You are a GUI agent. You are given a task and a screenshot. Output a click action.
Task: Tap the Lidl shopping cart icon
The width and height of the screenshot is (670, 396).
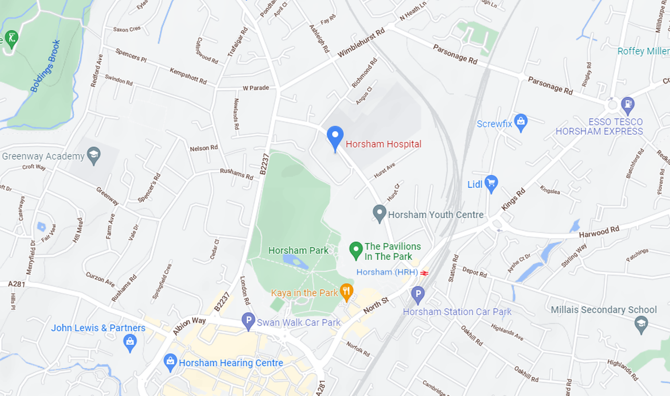[x=491, y=183]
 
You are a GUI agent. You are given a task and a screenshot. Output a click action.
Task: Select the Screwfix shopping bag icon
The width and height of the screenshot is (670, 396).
[x=520, y=122]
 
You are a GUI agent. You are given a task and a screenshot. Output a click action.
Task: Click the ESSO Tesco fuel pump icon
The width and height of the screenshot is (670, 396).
[x=627, y=105]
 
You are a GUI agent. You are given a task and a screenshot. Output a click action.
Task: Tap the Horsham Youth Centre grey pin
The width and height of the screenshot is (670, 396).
[x=379, y=213]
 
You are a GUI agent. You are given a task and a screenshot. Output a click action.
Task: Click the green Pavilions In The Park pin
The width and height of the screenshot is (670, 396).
[x=356, y=250]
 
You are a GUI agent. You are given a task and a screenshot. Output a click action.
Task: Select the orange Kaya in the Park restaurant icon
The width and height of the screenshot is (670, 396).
[x=346, y=292]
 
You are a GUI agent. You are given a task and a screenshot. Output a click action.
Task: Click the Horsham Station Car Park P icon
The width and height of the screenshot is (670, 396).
[x=418, y=295]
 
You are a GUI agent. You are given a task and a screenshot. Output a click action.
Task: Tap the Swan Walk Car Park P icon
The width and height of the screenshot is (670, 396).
[x=248, y=321]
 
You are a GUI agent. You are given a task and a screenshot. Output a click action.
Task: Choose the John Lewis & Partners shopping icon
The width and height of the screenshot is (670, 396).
[x=130, y=343]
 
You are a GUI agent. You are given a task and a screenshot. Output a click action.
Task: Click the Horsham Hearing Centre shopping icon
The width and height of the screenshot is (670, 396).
[x=170, y=362]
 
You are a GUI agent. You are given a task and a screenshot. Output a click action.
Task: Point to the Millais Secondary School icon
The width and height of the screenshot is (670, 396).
[x=641, y=324]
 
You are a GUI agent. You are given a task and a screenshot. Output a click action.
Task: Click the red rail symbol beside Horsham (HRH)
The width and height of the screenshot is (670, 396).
[x=424, y=273]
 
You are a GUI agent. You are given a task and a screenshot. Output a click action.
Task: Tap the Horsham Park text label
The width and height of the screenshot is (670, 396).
[x=298, y=251]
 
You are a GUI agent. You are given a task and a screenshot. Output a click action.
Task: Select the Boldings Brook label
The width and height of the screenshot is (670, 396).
[x=45, y=66]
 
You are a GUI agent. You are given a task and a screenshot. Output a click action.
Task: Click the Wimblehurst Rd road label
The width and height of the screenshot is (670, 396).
[x=361, y=43]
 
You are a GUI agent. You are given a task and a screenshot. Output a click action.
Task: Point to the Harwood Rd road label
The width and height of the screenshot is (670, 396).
[x=599, y=232]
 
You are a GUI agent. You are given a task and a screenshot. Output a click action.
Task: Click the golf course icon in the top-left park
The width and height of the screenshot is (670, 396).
[x=11, y=38]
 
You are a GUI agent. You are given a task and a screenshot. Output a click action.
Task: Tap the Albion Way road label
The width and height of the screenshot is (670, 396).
[x=189, y=326]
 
